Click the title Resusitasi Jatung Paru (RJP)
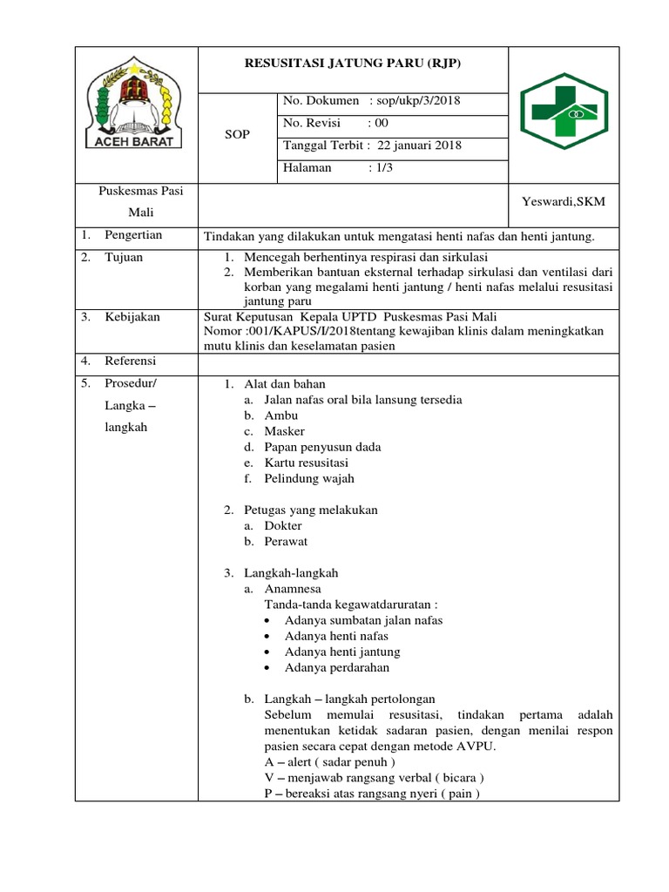pyautogui.click(x=353, y=63)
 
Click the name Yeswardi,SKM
pyautogui.click(x=563, y=201)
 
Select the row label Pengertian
pyautogui.click(x=133, y=235)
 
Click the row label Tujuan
pyautogui.click(x=124, y=257)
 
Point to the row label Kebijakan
pyautogui.click(x=132, y=317)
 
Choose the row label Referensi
pyautogui.click(x=132, y=360)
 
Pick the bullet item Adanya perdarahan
pyautogui.click(x=336, y=667)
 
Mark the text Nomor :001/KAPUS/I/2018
pyautogui.click(x=280, y=331)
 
